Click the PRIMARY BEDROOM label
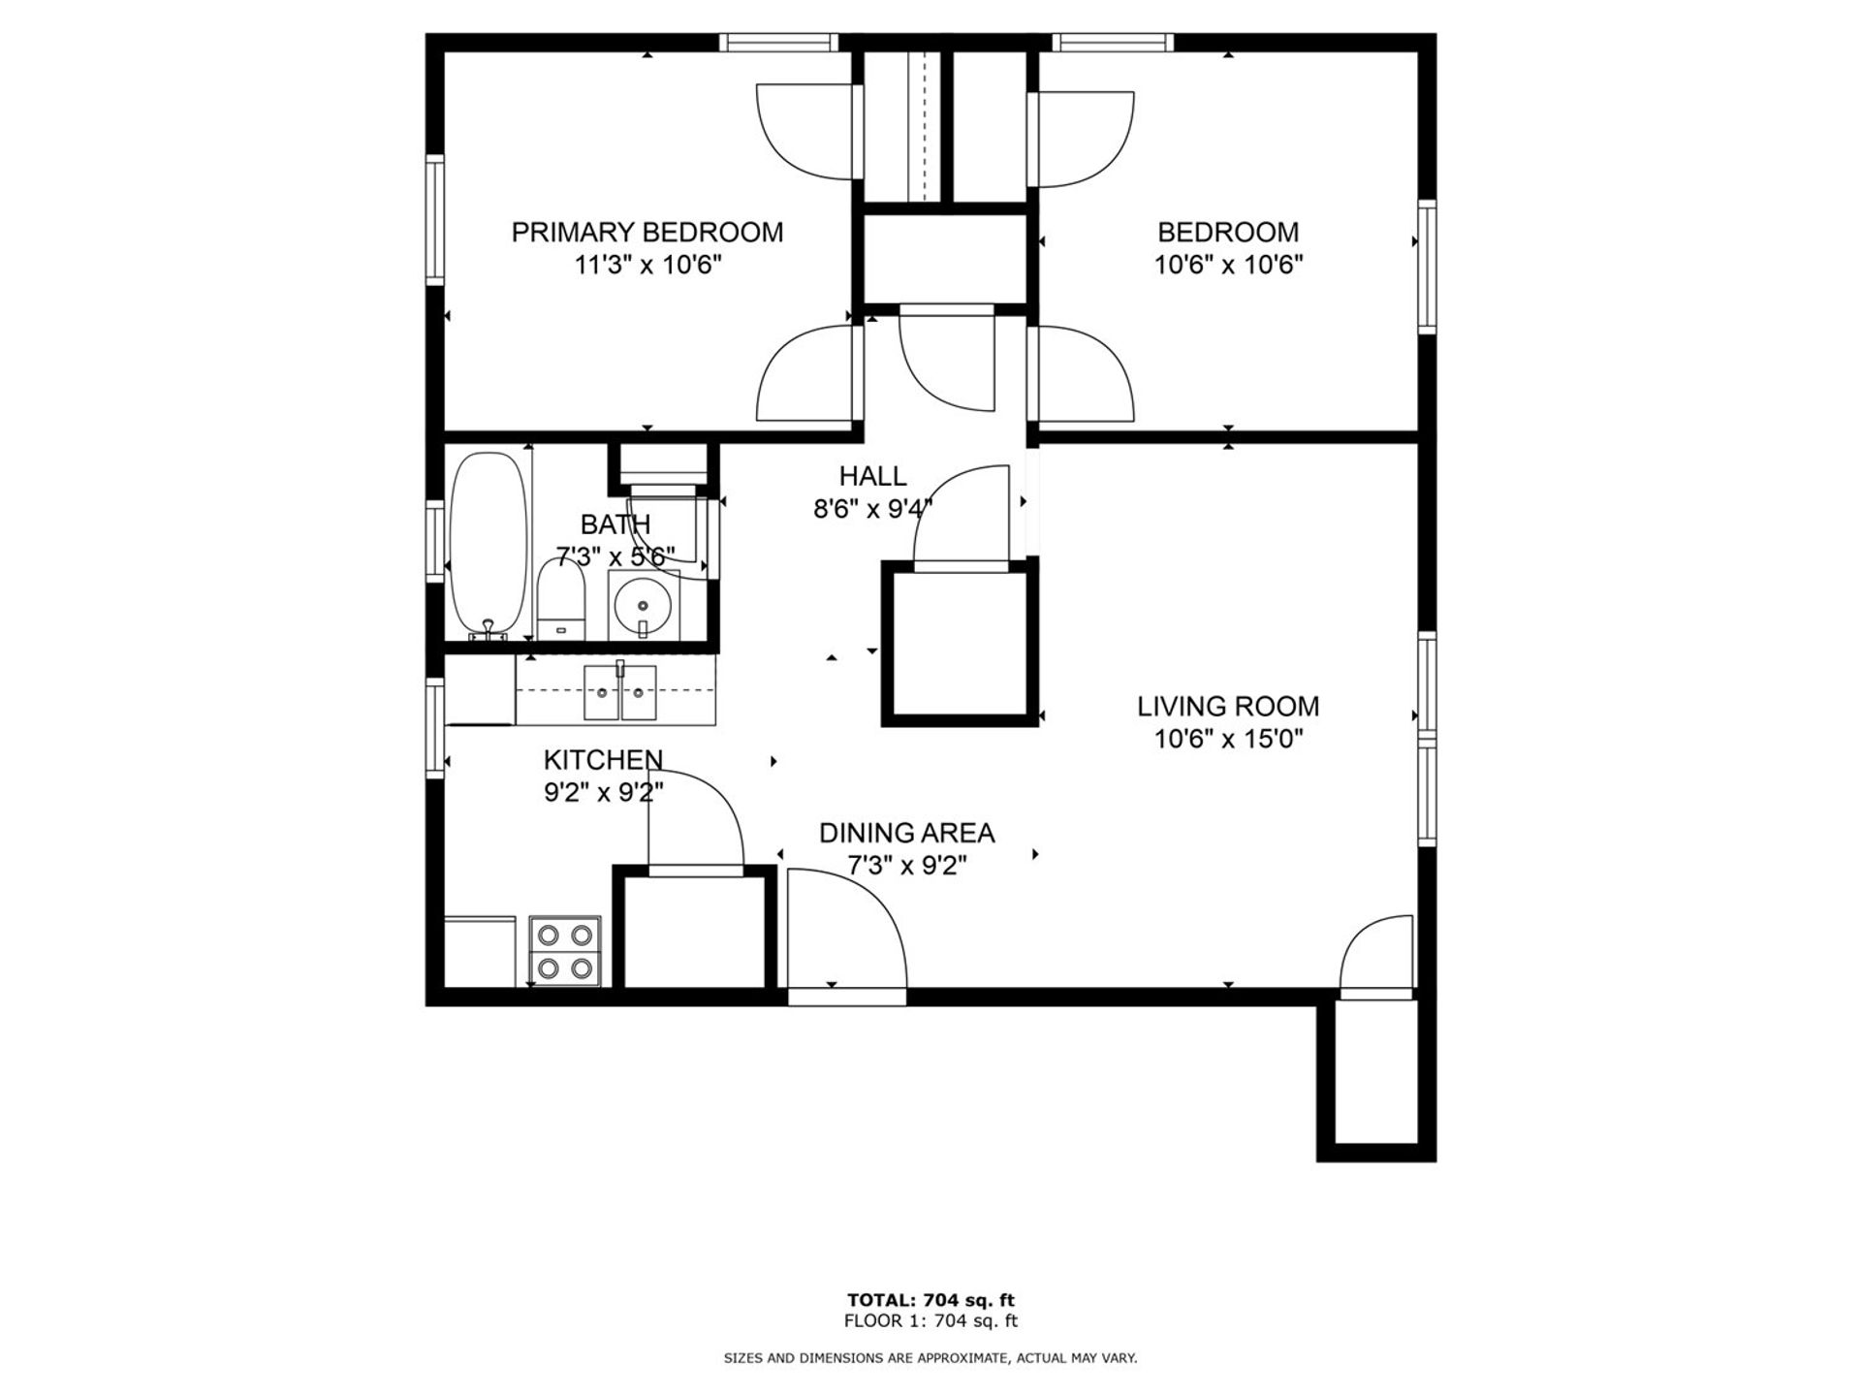(x=647, y=233)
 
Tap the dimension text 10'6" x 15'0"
(x=1228, y=740)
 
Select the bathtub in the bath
(x=489, y=543)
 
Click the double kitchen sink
(x=619, y=692)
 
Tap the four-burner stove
(x=565, y=950)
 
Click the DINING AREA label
(x=906, y=833)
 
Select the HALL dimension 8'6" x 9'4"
(x=872, y=509)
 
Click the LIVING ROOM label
(x=1228, y=707)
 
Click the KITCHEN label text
(x=603, y=759)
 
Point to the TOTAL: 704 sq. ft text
(x=930, y=1300)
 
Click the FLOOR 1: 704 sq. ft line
(x=930, y=1320)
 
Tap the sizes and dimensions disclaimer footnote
(x=930, y=1359)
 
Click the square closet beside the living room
(x=959, y=644)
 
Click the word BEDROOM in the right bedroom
(x=1228, y=233)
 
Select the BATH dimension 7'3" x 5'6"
(x=615, y=557)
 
